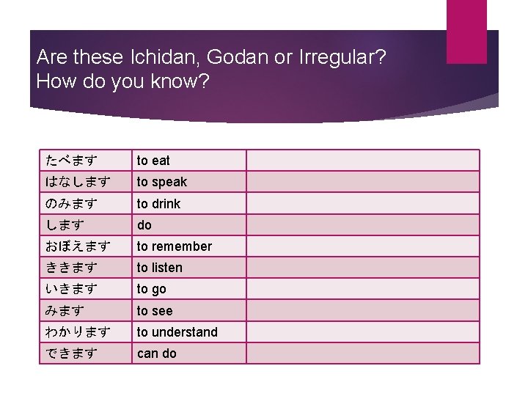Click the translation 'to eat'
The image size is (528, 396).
(x=153, y=160)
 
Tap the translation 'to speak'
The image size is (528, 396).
(x=161, y=181)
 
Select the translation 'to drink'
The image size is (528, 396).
(x=158, y=203)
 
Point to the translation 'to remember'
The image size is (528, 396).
(x=174, y=246)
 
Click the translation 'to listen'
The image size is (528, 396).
(x=159, y=268)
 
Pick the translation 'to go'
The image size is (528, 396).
(x=151, y=289)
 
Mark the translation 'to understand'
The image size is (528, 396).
(x=177, y=332)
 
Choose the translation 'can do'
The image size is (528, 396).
(x=156, y=353)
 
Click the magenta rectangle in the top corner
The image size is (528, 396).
(x=466, y=32)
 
